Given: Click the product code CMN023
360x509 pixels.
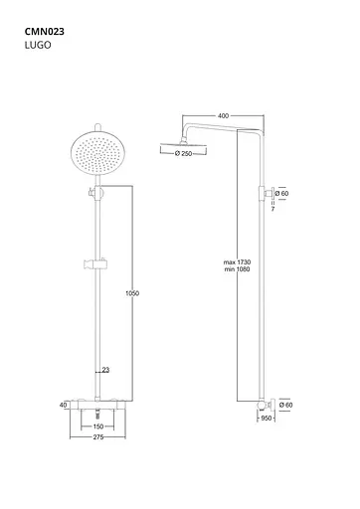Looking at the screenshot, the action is (45, 32).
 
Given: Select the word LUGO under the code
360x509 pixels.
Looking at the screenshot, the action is (38, 45).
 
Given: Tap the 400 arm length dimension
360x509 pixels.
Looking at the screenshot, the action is (224, 115).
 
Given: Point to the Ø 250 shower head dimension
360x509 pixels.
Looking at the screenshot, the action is (183, 153).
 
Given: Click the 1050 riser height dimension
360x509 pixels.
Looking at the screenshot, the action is (132, 293).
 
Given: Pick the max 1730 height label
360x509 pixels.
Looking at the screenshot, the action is (237, 262).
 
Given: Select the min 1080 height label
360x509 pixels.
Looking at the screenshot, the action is (237, 269).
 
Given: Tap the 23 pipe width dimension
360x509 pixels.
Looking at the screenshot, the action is (105, 370).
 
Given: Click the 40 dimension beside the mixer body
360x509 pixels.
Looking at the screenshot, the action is (63, 405).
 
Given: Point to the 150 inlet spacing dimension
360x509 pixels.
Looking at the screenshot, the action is (98, 426).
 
